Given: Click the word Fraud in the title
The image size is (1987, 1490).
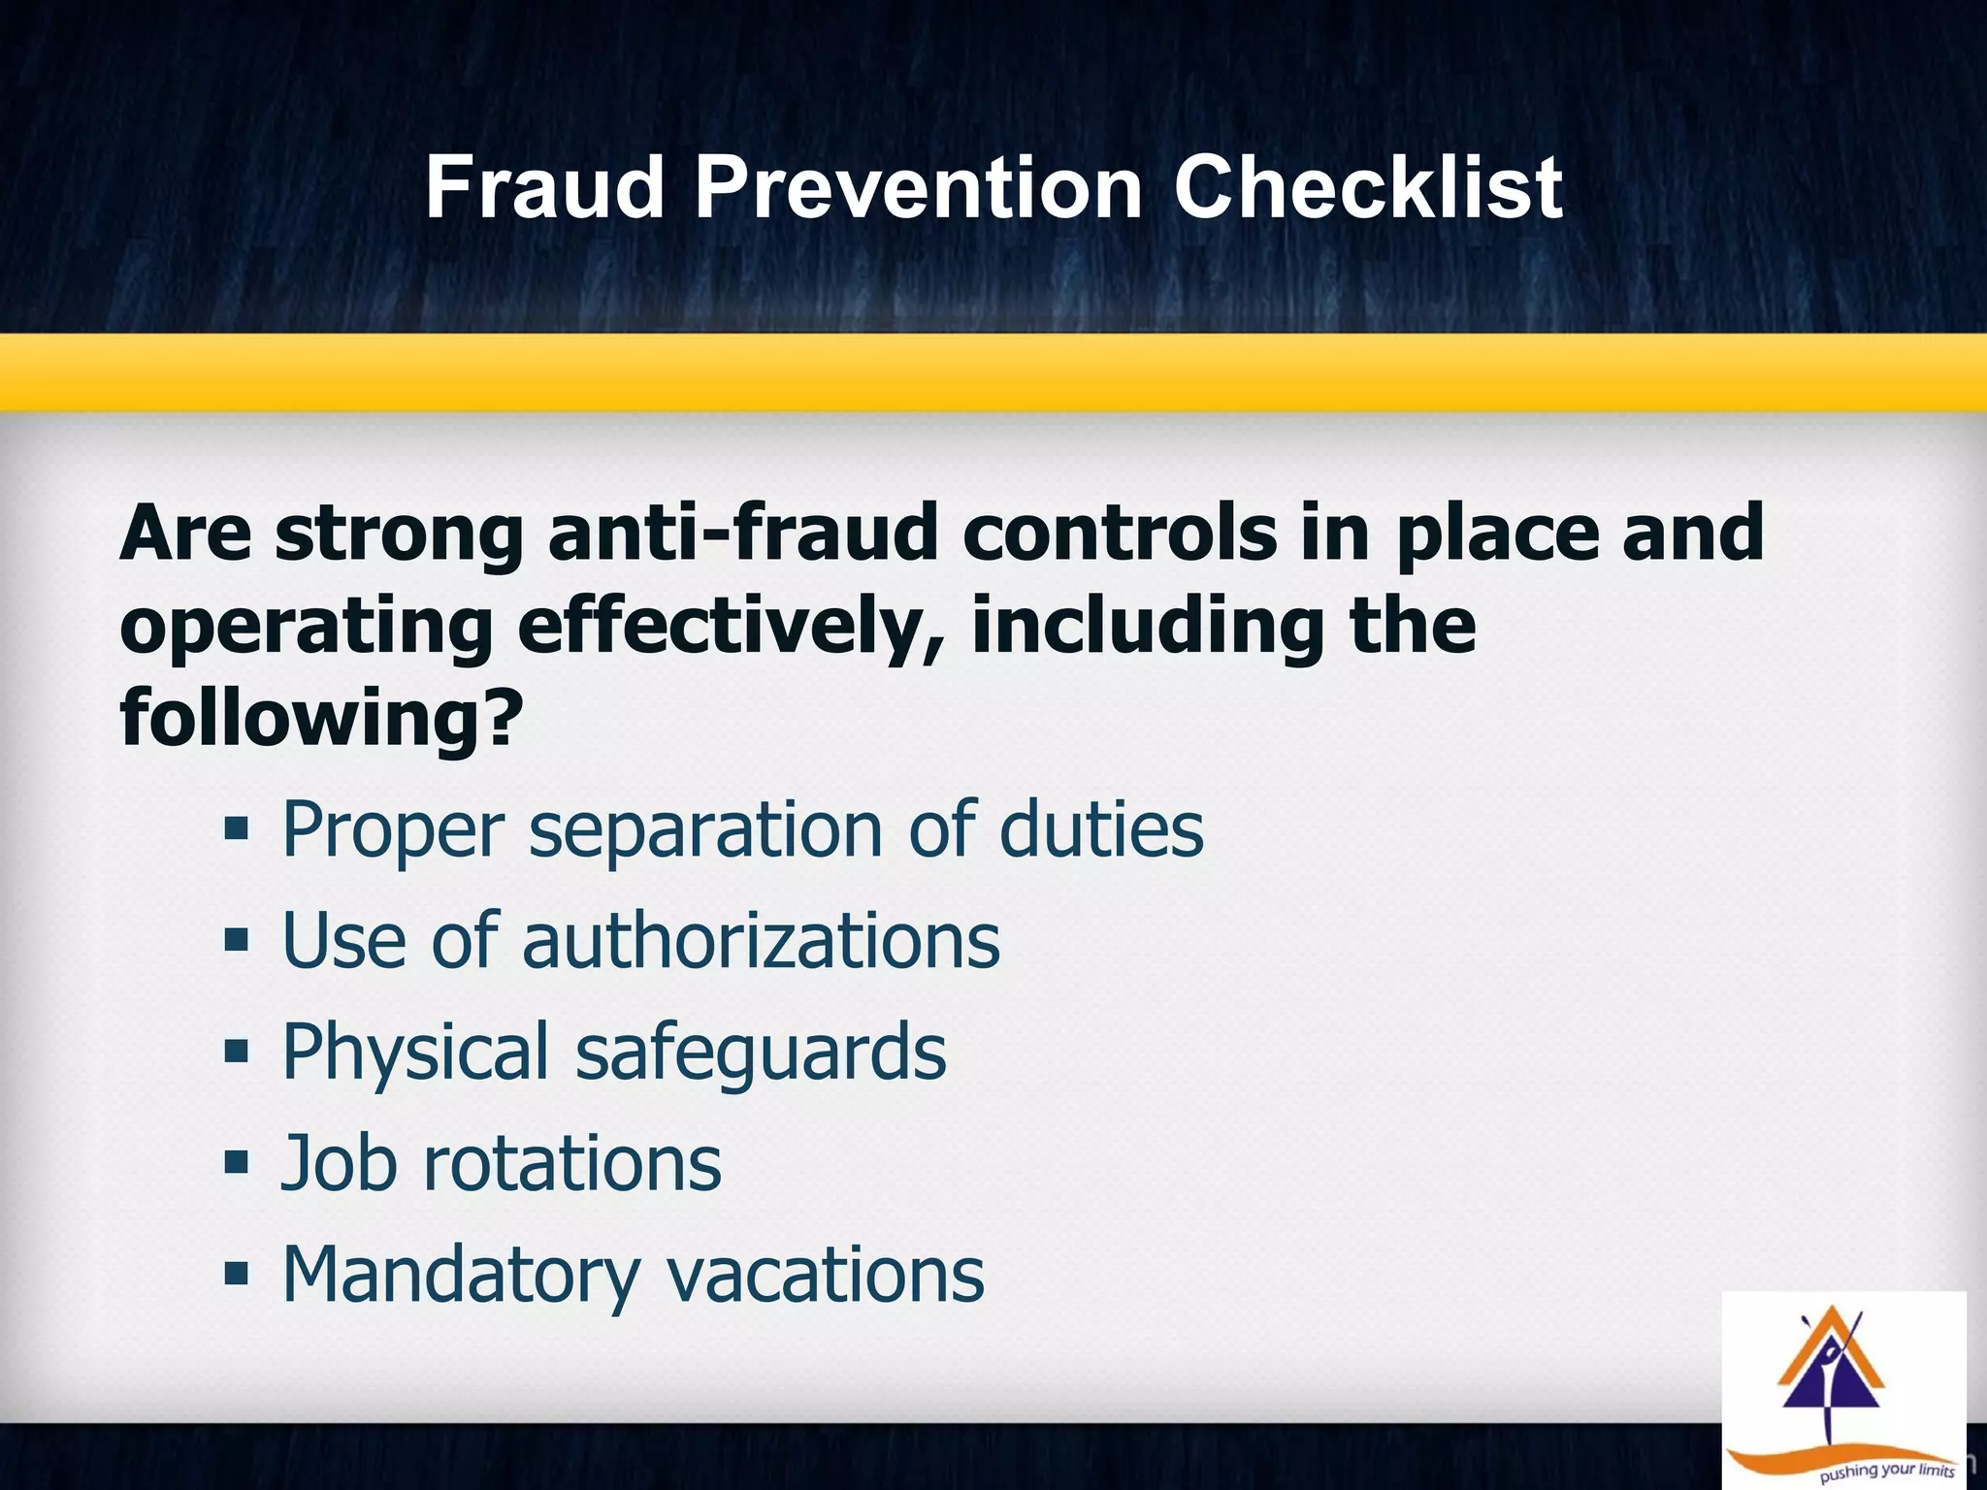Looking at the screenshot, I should coord(544,188).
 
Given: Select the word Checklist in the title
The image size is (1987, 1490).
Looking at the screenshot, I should coord(1367,188).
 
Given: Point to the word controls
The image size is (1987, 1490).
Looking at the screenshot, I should coord(1120,534).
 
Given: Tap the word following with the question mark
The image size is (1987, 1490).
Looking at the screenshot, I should coord(321,718).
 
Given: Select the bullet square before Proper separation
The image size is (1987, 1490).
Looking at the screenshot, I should coord(236,829).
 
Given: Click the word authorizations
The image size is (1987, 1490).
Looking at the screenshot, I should coord(761,941).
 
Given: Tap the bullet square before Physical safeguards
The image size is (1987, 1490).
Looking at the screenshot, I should coord(236,1052).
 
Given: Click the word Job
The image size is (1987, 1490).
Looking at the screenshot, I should coord(339,1163).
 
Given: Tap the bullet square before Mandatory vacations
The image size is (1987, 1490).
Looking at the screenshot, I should coord(236,1273).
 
